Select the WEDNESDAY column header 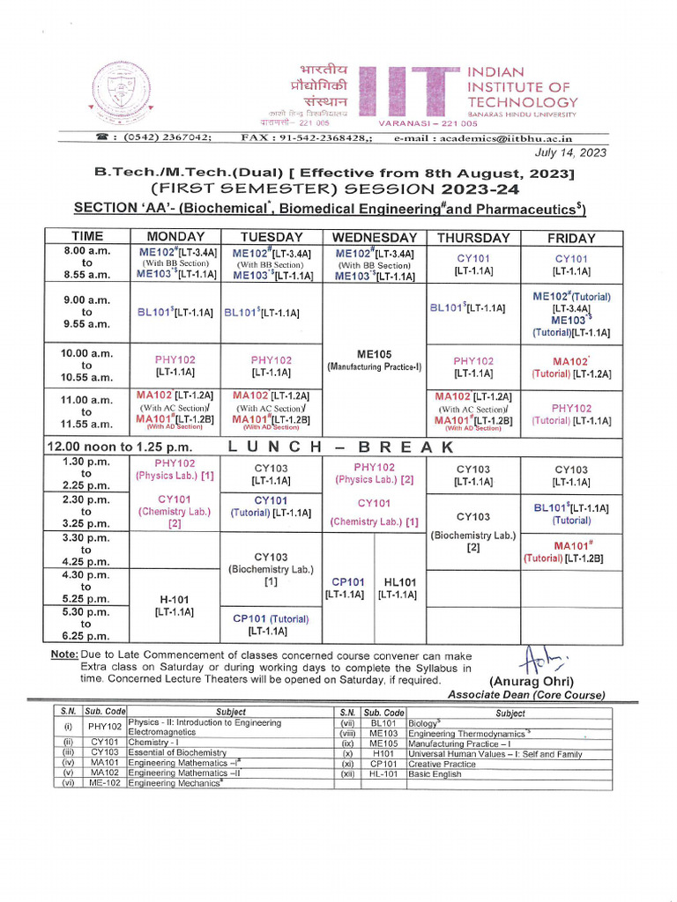tap(375, 238)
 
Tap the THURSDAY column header tap(473, 238)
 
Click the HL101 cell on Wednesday tap(399, 588)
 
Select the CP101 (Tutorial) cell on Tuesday tap(271, 625)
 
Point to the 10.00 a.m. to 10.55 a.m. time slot tap(86, 365)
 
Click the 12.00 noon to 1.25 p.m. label tap(120, 447)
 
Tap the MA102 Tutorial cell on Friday tap(571, 367)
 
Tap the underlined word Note tap(63, 655)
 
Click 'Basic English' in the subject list tap(435, 773)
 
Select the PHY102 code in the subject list tap(105, 728)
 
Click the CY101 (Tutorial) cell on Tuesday tap(271, 506)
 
